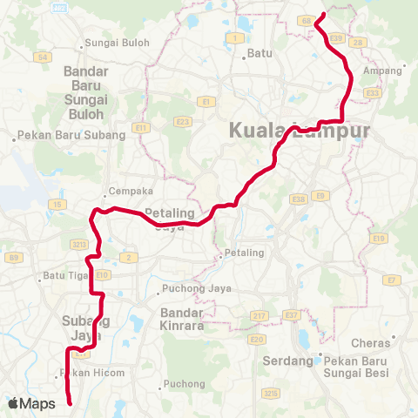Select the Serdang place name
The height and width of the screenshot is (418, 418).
[x=287, y=361]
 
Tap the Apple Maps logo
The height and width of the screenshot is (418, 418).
[x=31, y=403]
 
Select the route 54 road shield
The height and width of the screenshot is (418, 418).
[x=42, y=57]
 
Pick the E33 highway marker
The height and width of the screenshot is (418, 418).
[x=373, y=92]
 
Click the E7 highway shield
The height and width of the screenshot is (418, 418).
[x=393, y=280]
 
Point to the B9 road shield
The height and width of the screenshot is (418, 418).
[x=14, y=257]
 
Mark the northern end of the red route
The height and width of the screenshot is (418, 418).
[x=323, y=15]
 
